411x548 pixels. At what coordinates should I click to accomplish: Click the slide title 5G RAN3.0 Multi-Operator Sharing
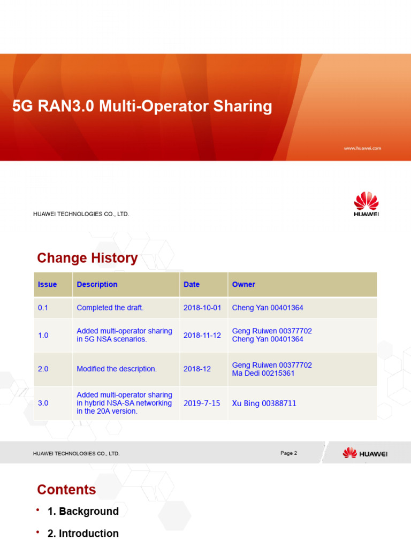click(142, 106)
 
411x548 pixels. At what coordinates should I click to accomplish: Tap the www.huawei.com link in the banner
click(362, 148)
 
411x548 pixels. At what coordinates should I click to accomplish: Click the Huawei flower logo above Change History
click(366, 202)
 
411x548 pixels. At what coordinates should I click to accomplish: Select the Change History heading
click(87, 258)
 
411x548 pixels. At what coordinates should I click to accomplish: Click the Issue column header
click(48, 284)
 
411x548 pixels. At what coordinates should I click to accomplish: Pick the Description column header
click(97, 284)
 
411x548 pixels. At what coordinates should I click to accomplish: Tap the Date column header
click(192, 284)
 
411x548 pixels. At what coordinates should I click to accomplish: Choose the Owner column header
click(243, 284)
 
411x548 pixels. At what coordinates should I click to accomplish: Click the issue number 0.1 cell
click(43, 308)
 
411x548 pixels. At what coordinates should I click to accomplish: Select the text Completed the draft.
click(110, 308)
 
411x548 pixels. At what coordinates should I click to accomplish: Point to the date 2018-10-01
click(202, 308)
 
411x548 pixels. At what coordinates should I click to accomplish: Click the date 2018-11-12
click(202, 335)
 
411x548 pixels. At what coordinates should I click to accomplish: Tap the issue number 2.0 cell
click(43, 369)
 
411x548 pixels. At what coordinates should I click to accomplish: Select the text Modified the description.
click(117, 369)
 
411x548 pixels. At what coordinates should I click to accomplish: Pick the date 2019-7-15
click(202, 403)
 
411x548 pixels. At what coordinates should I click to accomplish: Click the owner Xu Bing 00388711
click(264, 403)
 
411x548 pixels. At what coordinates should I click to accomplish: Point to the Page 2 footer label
click(288, 453)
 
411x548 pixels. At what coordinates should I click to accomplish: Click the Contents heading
click(66, 490)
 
